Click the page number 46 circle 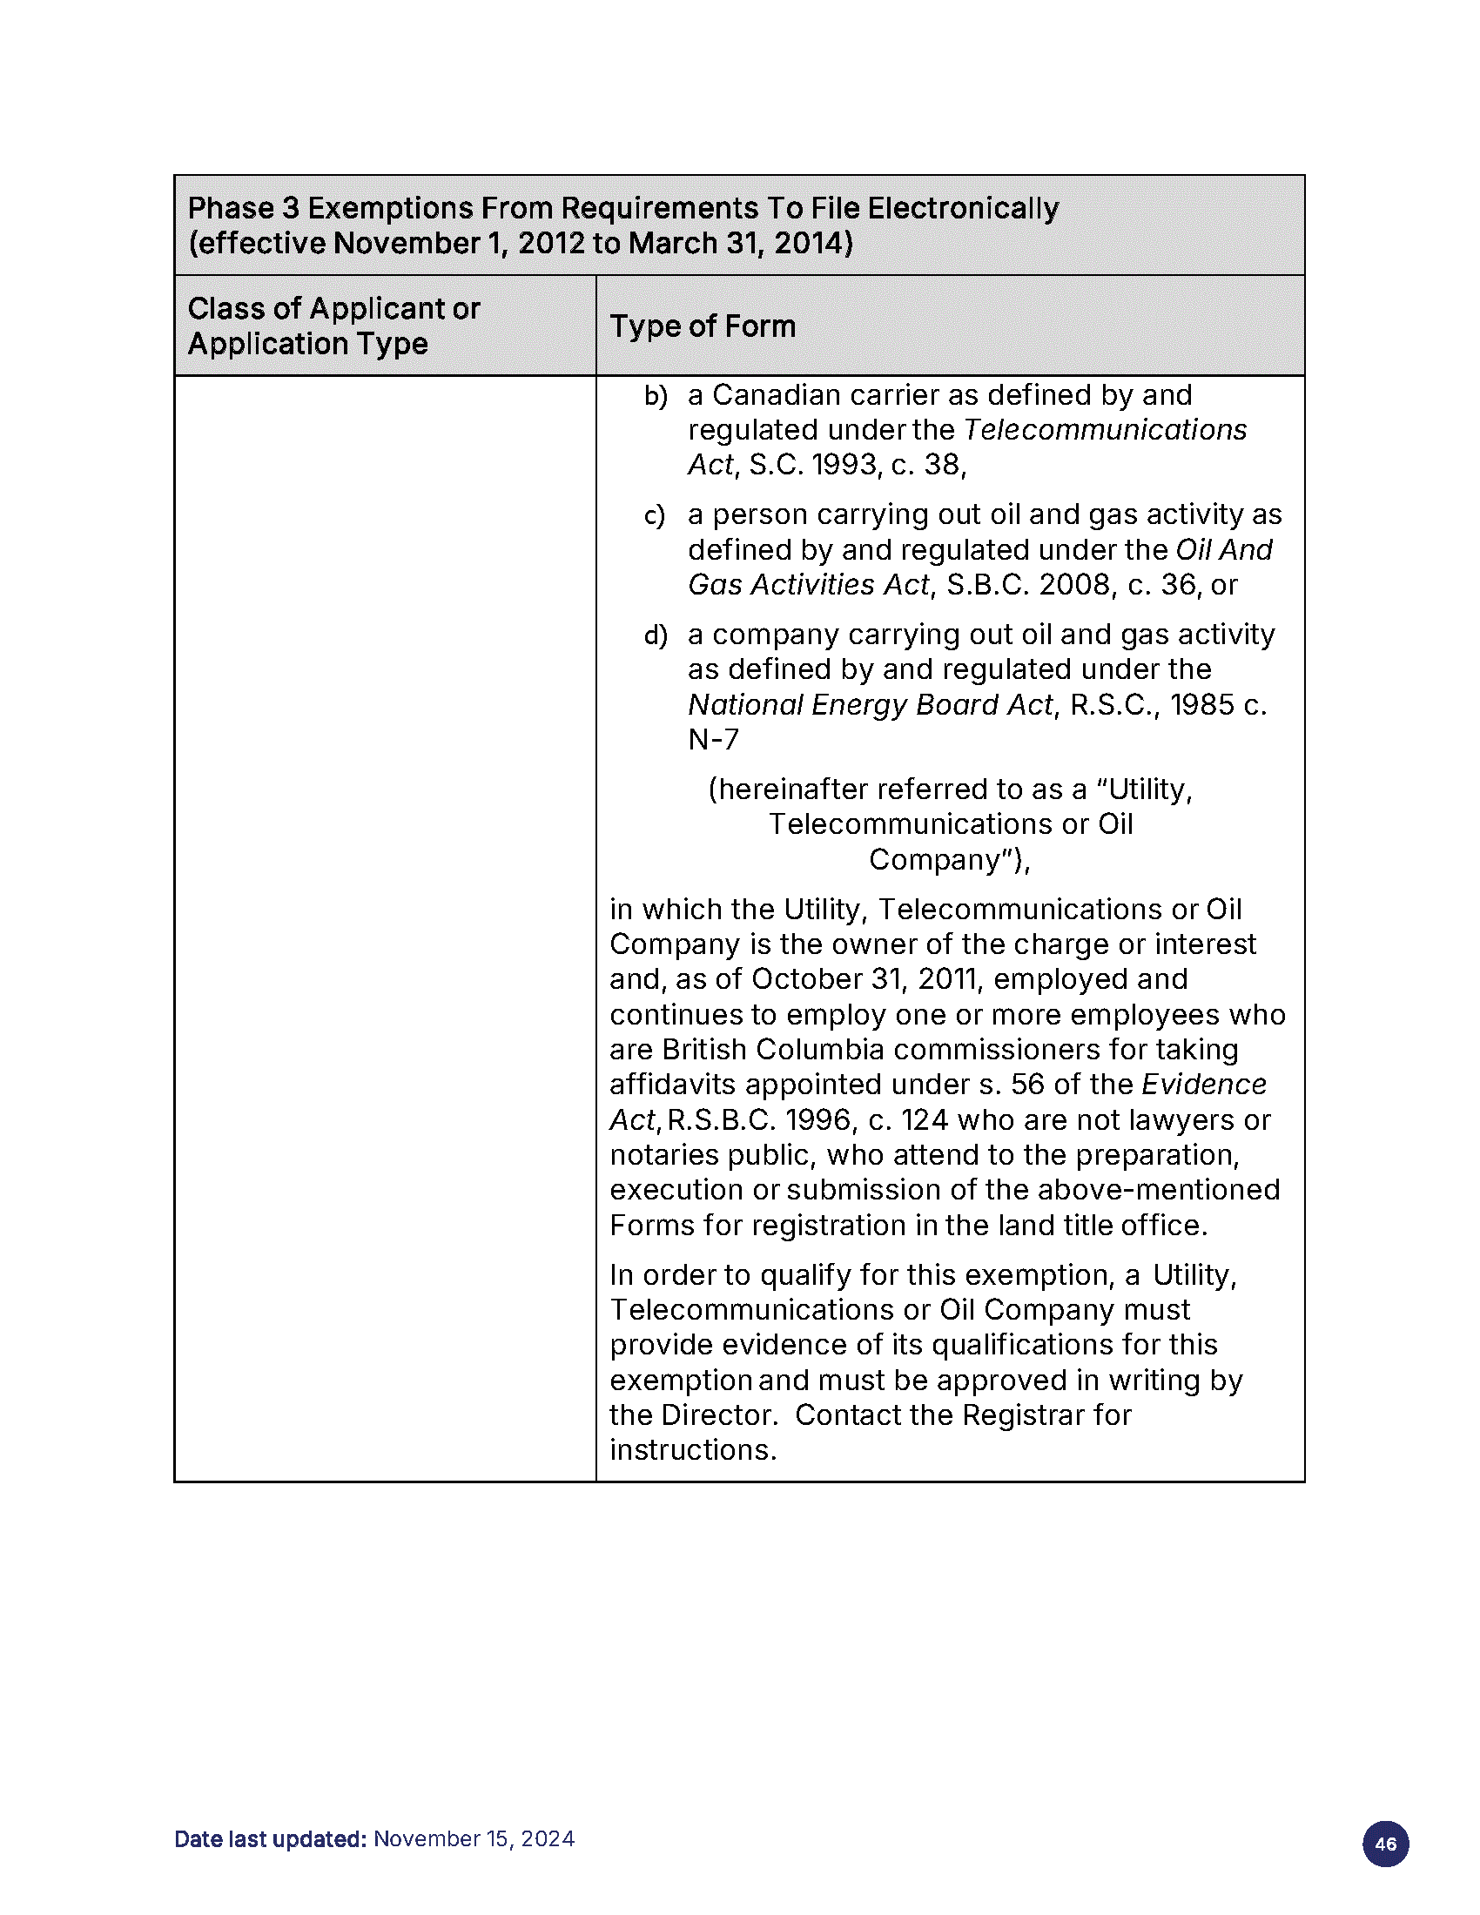(1385, 1843)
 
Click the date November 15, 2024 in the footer (474, 1838)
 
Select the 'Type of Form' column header (703, 326)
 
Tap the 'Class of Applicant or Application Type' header (333, 326)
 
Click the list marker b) (655, 396)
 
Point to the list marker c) (654, 515)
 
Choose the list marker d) (655, 635)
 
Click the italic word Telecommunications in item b (1105, 430)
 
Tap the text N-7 (713, 740)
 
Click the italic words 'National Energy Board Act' (870, 705)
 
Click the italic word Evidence (1204, 1085)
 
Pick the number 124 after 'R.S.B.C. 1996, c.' (925, 1120)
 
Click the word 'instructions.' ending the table (693, 1450)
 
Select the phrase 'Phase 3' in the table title (243, 209)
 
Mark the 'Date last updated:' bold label (270, 1838)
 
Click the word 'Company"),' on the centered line (950, 860)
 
